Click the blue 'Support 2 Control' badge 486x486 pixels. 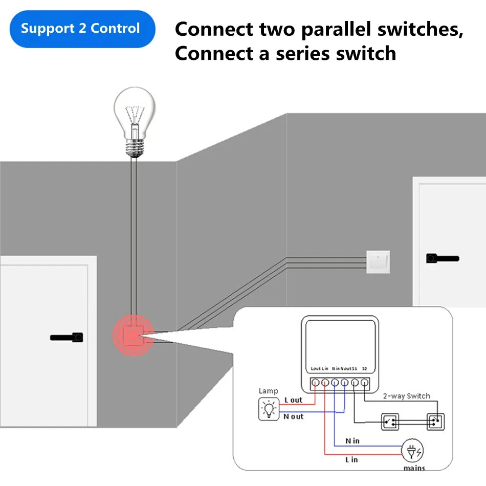tap(81, 29)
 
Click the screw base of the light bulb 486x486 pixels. tap(134, 147)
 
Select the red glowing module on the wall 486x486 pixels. tap(133, 336)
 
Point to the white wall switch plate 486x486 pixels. tap(378, 261)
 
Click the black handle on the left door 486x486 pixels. tap(67, 338)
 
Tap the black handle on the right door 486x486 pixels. tap(442, 259)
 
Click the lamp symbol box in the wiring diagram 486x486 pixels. tap(268, 409)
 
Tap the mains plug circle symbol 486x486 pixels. tap(413, 450)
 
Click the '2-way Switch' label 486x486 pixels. tap(407, 396)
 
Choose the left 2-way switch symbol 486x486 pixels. tap(390, 422)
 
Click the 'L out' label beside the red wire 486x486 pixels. tap(293, 400)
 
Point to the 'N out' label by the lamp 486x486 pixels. tap(293, 417)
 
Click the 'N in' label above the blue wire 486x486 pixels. tap(352, 440)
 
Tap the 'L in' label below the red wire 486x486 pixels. tap(351, 459)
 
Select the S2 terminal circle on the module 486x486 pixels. tap(364, 382)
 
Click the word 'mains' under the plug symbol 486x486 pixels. tap(413, 468)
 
